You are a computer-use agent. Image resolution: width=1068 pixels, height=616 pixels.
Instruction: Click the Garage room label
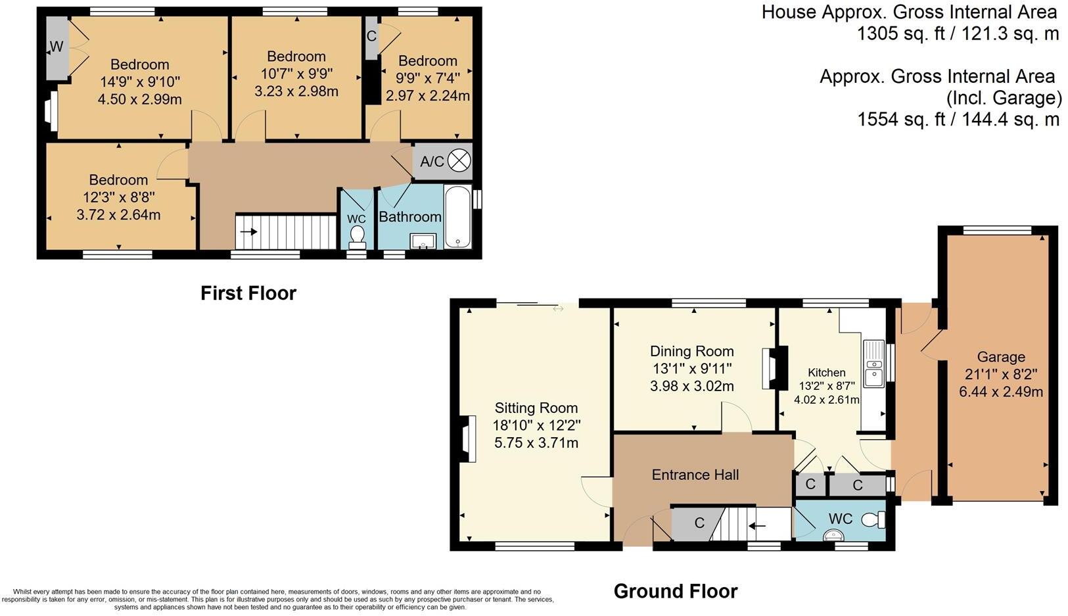tap(1000, 357)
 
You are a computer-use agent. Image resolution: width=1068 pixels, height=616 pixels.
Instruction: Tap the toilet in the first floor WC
tap(358, 236)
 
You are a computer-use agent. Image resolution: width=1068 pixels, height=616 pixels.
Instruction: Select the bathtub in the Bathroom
tap(457, 217)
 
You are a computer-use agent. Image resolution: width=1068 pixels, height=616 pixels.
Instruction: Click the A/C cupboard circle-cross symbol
tap(459, 160)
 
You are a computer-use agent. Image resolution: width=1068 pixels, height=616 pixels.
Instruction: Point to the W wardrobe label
tap(57, 47)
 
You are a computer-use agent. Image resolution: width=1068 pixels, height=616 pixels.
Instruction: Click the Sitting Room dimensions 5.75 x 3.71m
tap(536, 443)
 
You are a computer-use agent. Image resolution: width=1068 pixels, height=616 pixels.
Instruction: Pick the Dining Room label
tap(691, 351)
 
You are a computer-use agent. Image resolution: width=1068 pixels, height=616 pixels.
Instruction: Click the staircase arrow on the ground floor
tap(758, 526)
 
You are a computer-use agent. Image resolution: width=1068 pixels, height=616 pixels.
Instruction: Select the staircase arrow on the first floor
tap(248, 231)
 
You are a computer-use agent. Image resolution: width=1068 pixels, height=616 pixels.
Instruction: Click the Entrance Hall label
tap(695, 475)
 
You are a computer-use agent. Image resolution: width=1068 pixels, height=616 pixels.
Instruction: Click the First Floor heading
tap(248, 293)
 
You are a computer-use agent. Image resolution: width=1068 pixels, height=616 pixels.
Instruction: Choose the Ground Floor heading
tap(675, 591)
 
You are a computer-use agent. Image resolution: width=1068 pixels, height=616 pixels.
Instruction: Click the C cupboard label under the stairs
tap(699, 523)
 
